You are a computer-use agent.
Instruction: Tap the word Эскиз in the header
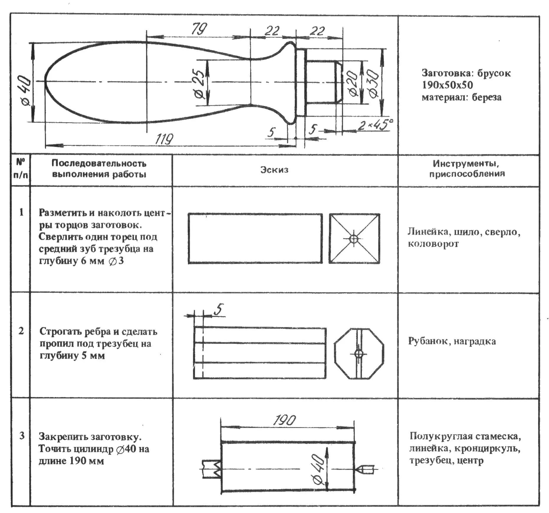(x=274, y=170)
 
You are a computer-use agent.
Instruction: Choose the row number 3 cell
(x=22, y=436)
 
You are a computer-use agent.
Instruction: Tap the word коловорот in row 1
(x=433, y=244)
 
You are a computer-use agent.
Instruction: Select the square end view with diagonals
(x=354, y=238)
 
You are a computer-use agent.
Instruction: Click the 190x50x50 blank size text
(x=447, y=85)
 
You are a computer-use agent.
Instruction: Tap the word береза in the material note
(x=486, y=97)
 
